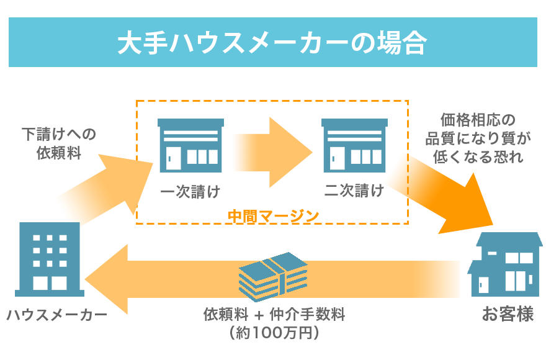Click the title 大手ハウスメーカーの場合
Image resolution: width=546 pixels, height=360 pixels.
coord(272,42)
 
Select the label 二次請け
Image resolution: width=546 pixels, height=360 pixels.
coord(354,191)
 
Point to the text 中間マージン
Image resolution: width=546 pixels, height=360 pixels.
coord(273,216)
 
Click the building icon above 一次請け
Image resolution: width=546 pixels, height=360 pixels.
coord(190,146)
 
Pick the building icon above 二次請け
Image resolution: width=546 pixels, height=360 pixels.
coord(355,146)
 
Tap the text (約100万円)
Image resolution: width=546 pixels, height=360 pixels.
coord(274,333)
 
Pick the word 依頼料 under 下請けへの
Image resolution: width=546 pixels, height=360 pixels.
coord(58,153)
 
